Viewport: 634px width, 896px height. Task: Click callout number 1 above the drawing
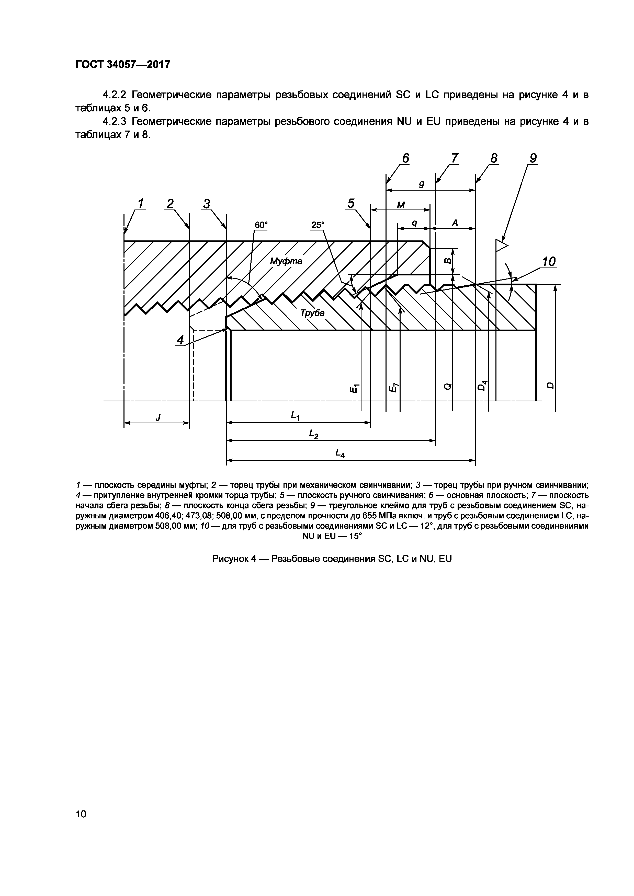tap(140, 203)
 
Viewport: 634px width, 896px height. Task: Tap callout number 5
tap(351, 203)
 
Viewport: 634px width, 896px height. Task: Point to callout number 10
tap(549, 261)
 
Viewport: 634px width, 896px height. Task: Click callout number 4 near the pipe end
tap(180, 340)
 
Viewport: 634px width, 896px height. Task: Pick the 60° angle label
tap(261, 225)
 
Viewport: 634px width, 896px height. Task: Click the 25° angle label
tap(318, 225)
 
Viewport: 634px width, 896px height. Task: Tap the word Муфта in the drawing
tap(286, 261)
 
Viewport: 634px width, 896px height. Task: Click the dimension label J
tap(158, 417)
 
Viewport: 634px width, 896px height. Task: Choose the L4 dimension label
tap(340, 453)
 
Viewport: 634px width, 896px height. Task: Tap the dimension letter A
tap(455, 223)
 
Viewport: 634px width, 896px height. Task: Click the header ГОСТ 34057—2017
tap(123, 64)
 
